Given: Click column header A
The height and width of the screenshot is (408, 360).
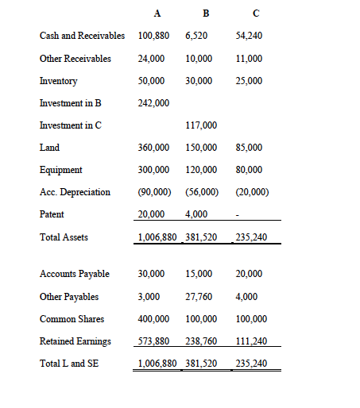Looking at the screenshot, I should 157,13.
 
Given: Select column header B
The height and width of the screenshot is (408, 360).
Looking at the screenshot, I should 207,13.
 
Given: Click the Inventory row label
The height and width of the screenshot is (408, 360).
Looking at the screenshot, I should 59,81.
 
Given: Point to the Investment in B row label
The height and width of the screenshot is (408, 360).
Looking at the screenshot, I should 71,103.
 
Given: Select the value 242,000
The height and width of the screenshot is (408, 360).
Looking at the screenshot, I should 153,103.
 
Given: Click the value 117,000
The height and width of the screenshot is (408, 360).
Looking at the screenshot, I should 200,125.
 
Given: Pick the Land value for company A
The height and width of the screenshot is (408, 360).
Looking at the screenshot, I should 153,148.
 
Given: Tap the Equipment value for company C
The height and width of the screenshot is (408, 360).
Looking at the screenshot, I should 250,170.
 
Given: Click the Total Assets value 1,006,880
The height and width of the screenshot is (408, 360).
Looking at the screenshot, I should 157,237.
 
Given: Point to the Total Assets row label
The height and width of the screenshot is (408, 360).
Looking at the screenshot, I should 63,237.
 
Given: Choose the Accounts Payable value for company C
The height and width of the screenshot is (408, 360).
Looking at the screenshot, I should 250,274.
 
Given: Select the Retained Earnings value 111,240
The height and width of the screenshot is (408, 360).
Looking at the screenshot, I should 253,341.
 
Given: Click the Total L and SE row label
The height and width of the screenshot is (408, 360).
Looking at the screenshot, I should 70,364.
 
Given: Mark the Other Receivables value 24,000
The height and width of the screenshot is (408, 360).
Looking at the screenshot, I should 151,59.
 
